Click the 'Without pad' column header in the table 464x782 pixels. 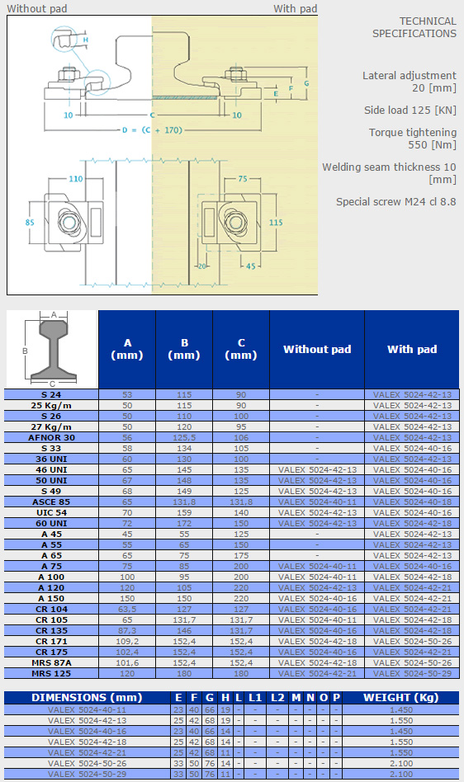pyautogui.click(x=317, y=349)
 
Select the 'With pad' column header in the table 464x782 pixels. pyautogui.click(x=412, y=349)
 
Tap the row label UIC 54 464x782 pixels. pyautogui.click(x=51, y=513)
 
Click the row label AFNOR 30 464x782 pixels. pyautogui.click(x=51, y=437)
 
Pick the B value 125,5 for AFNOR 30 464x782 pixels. pyautogui.click(x=184, y=437)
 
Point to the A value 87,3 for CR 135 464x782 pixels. pyautogui.click(x=127, y=630)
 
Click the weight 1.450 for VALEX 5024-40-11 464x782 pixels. pyautogui.click(x=401, y=709)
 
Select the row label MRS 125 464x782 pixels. pyautogui.click(x=51, y=673)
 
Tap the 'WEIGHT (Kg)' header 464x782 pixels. pyautogui.click(x=400, y=697)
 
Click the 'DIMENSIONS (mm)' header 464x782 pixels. pyautogui.click(x=87, y=697)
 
